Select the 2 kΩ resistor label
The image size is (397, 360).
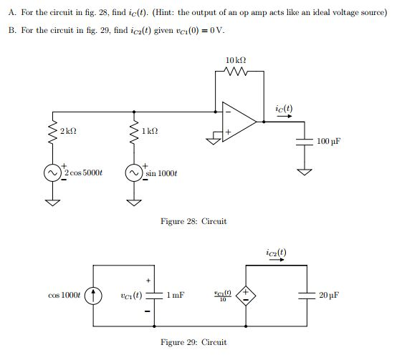[x=69, y=132]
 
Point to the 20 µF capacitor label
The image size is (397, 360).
[x=328, y=294]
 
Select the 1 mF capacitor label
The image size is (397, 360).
[x=176, y=294]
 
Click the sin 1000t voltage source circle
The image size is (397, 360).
[x=133, y=173]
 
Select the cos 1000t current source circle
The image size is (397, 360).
[x=94, y=294]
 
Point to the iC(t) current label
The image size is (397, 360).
[x=283, y=109]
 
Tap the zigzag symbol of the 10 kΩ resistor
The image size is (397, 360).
[x=236, y=71]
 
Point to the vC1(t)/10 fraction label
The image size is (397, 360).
[x=223, y=294]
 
